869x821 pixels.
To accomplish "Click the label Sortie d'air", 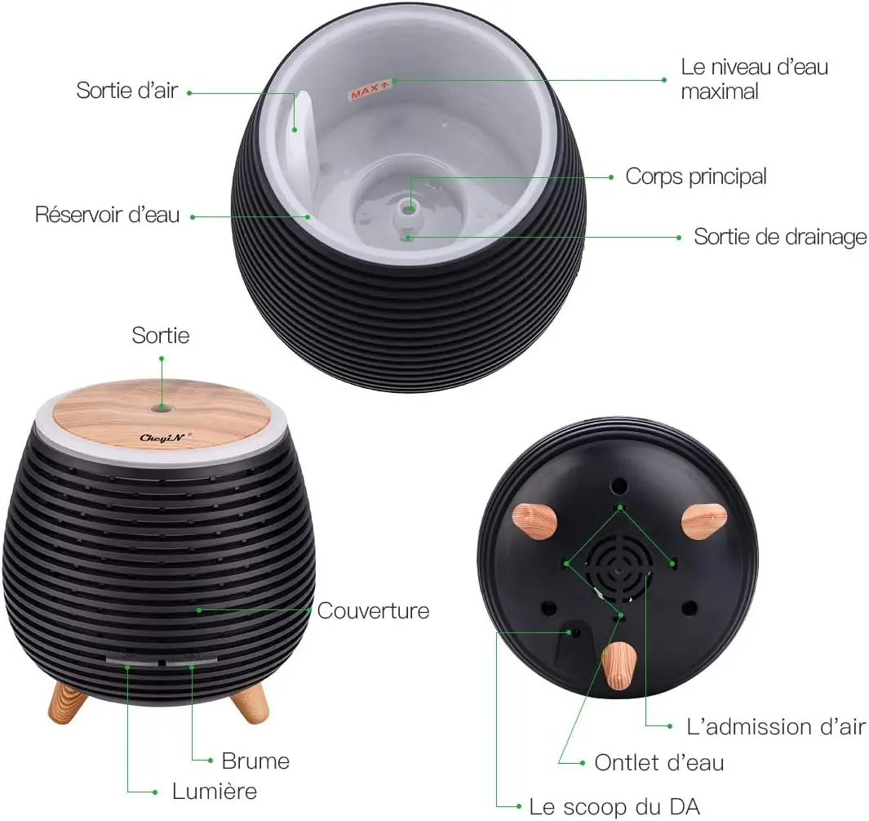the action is [x=127, y=91].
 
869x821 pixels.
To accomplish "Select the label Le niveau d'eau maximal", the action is [x=754, y=78].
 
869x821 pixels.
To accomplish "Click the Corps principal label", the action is [x=696, y=176].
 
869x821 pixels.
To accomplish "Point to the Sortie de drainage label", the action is [x=780, y=237].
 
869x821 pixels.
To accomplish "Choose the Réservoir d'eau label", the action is [x=108, y=215].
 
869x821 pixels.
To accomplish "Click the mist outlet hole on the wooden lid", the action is [x=162, y=408].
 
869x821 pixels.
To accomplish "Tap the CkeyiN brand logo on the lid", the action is [x=162, y=438].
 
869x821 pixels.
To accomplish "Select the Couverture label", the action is [x=373, y=611].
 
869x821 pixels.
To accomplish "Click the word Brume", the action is [x=255, y=761].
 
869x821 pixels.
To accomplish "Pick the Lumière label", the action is [x=215, y=791].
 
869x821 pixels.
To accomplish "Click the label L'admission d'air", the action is [x=776, y=726].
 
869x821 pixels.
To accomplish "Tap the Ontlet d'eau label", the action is [x=659, y=763].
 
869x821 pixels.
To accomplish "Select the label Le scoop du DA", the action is [x=614, y=806].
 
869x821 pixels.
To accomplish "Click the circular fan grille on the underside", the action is [x=618, y=569].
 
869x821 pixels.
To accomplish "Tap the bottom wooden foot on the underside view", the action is [x=619, y=666].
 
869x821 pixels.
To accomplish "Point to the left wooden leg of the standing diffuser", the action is [x=68, y=703].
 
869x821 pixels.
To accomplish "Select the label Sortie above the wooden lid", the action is [x=161, y=336].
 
